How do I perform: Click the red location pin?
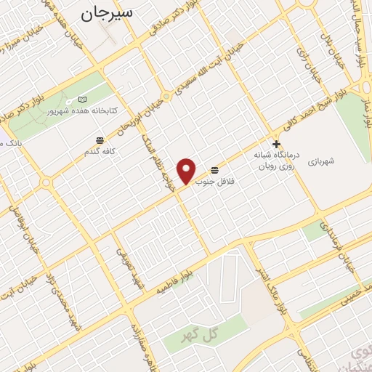tap(187, 170)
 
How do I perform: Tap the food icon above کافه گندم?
tap(99, 139)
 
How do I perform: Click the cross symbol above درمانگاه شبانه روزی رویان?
tap(276, 144)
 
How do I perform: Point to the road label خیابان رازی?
tap(304, 46)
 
